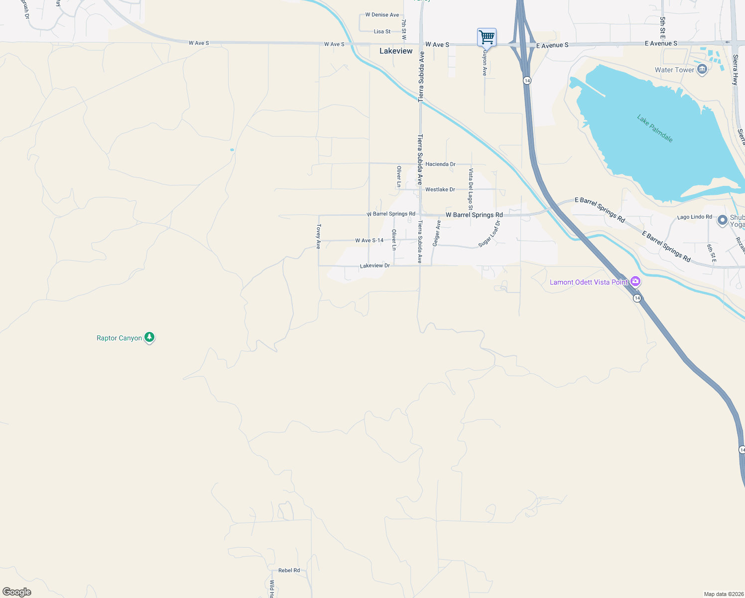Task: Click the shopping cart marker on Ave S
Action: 487,37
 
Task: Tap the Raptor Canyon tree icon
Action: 149,337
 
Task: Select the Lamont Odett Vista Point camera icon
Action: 635,282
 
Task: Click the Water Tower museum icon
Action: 702,69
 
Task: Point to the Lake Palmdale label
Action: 655,128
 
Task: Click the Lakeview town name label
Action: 396,51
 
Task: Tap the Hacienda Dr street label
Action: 440,164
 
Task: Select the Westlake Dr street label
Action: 440,189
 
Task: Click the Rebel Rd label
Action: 289,570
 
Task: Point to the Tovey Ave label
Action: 319,236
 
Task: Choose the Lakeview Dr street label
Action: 375,266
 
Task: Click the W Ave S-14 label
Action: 370,240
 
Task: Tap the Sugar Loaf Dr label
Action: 489,234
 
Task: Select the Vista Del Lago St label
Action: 471,189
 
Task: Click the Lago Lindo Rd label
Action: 694,217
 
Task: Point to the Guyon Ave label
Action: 485,62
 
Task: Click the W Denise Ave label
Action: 382,14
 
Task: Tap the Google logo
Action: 17,592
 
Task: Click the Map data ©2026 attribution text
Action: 723,594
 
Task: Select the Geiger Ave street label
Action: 437,233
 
